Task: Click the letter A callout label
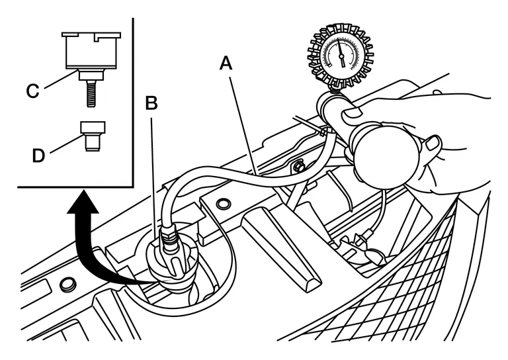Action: (x=226, y=63)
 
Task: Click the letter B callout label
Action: (x=151, y=103)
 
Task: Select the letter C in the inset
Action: (x=32, y=91)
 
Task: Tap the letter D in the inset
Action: (x=38, y=156)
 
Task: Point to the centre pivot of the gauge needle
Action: (x=341, y=56)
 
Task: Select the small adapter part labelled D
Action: (x=93, y=136)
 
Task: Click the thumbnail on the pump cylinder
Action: (x=351, y=112)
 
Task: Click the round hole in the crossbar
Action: (x=222, y=203)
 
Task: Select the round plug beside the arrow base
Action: (x=68, y=284)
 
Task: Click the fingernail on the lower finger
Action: (x=433, y=142)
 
